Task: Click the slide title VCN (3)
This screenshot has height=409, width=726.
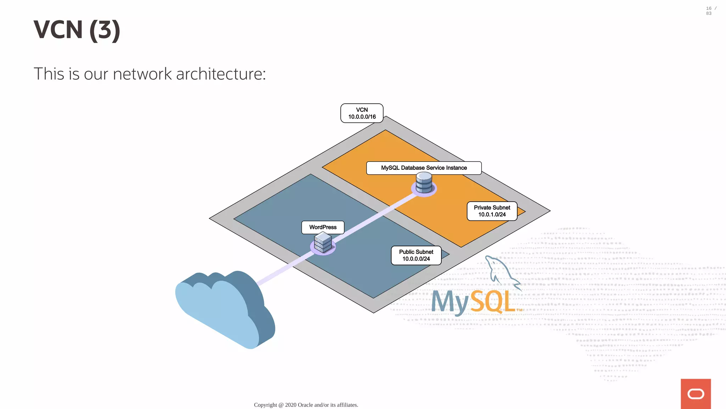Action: tap(77, 30)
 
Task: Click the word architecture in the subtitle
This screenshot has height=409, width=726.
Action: tap(220, 74)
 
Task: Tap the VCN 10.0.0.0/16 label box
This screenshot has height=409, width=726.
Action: tap(362, 113)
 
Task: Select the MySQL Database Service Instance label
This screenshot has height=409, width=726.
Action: tap(424, 168)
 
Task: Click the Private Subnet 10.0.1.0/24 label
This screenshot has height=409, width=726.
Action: tap(492, 211)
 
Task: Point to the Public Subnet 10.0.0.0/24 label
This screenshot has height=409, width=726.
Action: tap(416, 255)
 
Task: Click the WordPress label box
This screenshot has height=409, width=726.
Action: tap(323, 227)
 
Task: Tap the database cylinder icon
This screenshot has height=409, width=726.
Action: tap(424, 182)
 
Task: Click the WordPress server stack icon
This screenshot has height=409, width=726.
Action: tap(323, 243)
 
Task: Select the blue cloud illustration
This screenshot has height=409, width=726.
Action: tap(223, 309)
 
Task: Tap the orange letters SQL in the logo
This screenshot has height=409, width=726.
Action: tap(493, 302)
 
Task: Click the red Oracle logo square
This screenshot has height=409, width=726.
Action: tap(696, 394)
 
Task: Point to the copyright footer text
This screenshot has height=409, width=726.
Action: tap(306, 405)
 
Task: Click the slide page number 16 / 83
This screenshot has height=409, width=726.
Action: tap(710, 11)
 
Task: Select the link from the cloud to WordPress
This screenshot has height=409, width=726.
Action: tap(284, 270)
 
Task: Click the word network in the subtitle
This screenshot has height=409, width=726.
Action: tap(142, 74)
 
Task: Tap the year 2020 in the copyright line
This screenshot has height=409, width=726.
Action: tap(291, 405)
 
